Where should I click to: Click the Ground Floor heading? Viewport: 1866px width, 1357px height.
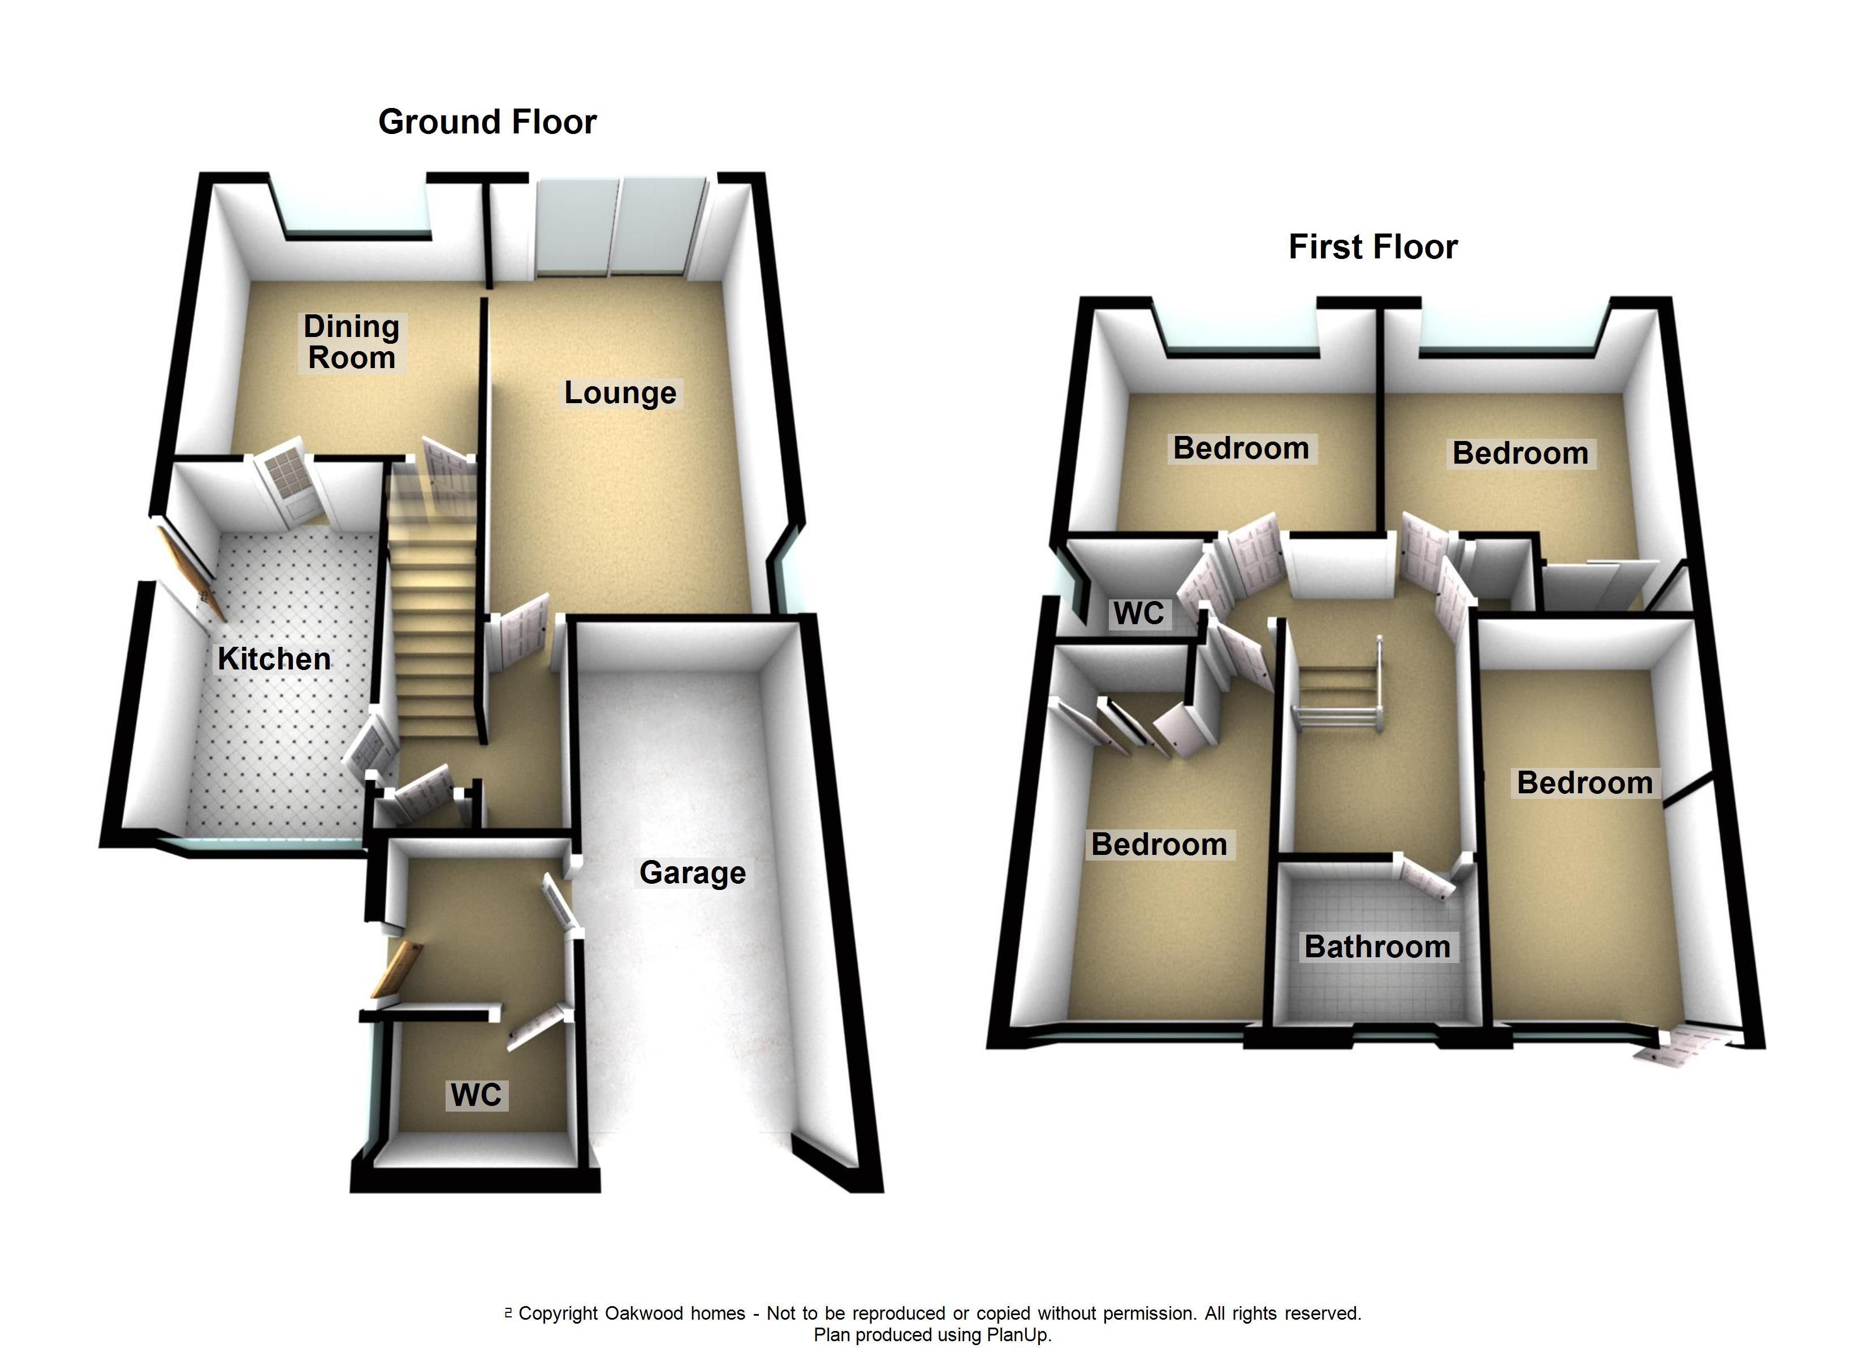coord(487,122)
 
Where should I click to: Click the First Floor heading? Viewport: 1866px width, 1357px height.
coord(1372,247)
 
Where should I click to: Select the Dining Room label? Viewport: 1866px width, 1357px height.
coord(351,342)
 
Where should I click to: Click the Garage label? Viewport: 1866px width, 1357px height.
coord(692,872)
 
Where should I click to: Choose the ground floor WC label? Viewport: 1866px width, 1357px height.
coord(476,1095)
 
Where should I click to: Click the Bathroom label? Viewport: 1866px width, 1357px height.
coord(1376,947)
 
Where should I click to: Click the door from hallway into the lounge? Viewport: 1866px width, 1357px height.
coord(520,629)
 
